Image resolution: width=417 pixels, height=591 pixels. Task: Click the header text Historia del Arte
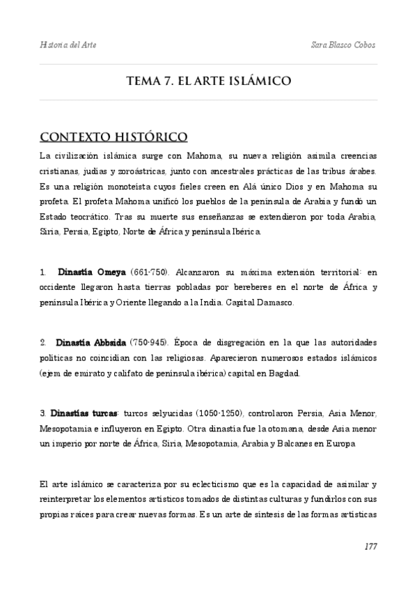(68, 45)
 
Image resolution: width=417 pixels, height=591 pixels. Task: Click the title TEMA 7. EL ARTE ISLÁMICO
(208, 81)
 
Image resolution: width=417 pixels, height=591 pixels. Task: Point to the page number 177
(370, 546)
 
